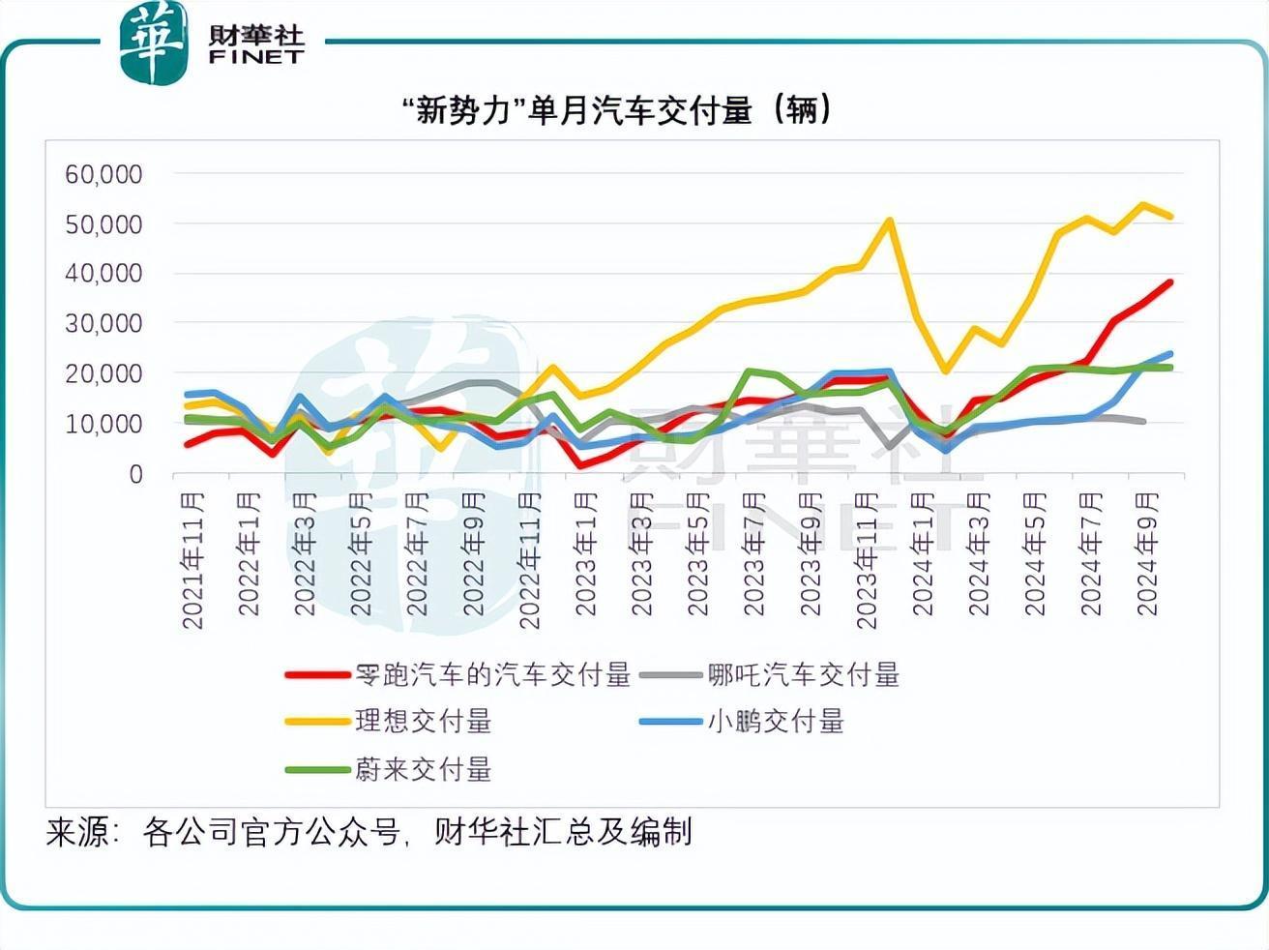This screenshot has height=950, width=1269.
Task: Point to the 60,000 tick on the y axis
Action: [103, 174]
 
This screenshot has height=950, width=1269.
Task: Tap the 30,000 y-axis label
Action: [103, 324]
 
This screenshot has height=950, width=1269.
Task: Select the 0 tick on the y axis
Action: [135, 474]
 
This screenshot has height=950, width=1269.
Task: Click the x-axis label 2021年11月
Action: [193, 560]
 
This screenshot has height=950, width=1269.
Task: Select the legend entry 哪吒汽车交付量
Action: [803, 674]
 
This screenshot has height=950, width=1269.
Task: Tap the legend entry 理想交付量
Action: [423, 721]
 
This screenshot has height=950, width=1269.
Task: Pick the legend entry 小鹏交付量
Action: [776, 721]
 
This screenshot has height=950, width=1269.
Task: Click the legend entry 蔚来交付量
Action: [423, 769]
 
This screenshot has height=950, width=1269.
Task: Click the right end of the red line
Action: [1170, 282]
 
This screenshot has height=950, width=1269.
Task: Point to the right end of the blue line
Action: [1170, 354]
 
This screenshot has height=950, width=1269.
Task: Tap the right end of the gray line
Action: [1144, 422]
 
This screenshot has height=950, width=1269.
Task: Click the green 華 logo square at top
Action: [153, 43]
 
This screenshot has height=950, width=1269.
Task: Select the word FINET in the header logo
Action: [255, 57]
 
